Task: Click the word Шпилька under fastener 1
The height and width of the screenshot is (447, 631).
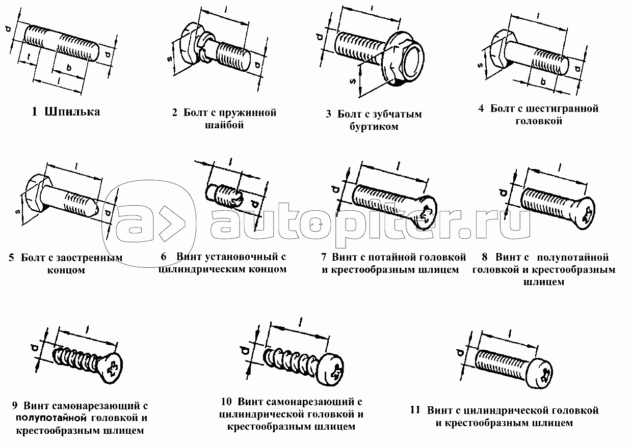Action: coord(72,112)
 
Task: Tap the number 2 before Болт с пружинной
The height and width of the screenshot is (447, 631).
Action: coord(175,113)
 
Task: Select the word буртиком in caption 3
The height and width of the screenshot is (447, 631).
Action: coord(374,127)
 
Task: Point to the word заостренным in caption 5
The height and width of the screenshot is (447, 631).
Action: coord(90,258)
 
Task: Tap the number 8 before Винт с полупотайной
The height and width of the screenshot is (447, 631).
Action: coord(485,257)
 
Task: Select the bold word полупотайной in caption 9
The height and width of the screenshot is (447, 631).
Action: coord(51,418)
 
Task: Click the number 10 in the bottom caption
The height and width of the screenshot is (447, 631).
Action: coord(226,402)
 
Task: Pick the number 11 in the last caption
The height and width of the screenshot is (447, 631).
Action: coord(415,410)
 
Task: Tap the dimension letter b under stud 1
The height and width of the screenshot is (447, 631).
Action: coord(69,68)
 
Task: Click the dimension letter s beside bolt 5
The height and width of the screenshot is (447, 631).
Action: coord(17,211)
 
